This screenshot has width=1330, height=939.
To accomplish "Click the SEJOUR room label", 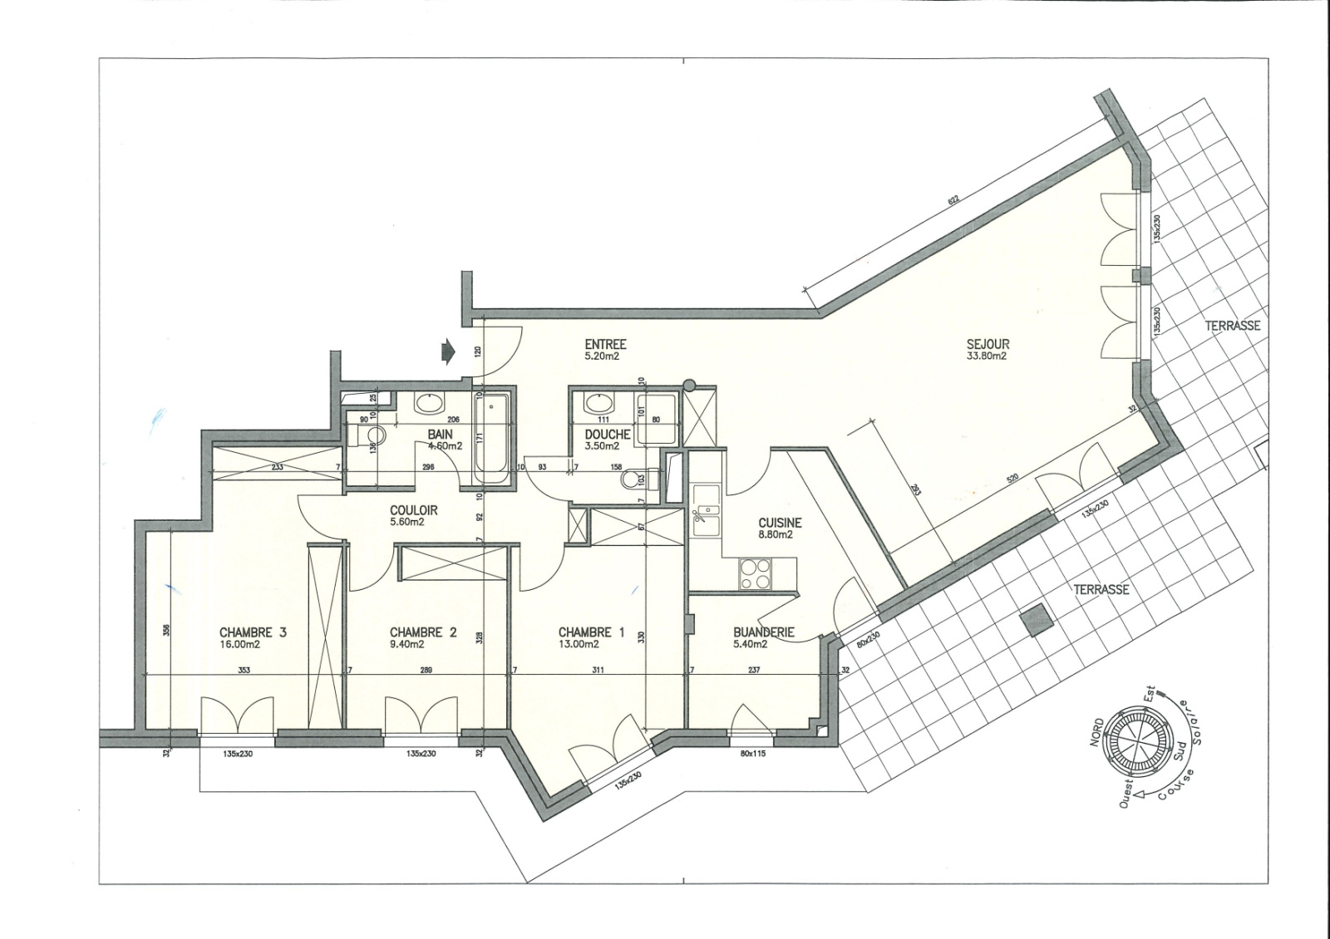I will (x=988, y=344).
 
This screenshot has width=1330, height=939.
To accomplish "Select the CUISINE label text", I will (x=780, y=523).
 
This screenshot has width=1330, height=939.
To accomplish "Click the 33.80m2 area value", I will (x=987, y=356).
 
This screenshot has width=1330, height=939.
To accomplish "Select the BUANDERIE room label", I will (x=763, y=632).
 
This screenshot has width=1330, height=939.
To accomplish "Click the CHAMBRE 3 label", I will (x=253, y=632).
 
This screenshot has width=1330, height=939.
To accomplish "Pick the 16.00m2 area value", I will (x=239, y=644).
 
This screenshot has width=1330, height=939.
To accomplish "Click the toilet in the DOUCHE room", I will (x=642, y=479).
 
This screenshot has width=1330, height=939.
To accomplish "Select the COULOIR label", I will (x=413, y=510).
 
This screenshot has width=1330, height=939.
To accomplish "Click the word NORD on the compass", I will (x=1098, y=734).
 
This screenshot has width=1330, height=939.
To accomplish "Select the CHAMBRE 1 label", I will (x=591, y=632).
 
